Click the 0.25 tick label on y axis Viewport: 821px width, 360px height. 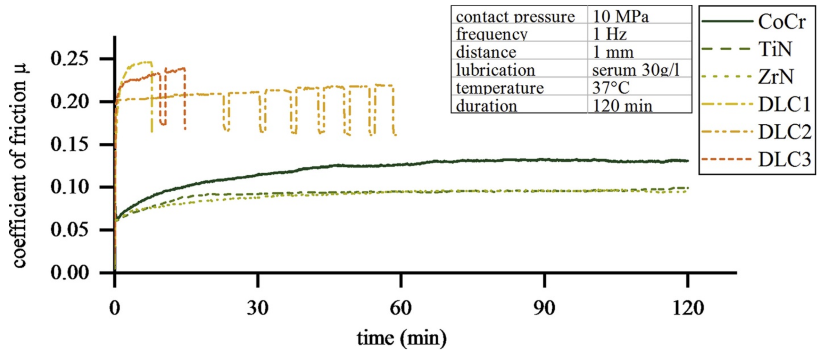69,58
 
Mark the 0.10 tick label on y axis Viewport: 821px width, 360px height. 69,187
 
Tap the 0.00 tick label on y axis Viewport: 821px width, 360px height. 69,273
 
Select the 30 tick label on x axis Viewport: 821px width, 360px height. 258,308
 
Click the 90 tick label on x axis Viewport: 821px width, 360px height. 544,308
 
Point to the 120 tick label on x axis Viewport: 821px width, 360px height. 688,308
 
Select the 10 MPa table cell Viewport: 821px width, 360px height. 620,16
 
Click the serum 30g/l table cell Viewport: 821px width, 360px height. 636,70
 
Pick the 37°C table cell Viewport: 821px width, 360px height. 611,88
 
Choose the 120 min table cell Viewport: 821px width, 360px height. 622,106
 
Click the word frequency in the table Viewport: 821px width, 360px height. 491,34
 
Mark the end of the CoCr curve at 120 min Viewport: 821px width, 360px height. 687,161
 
